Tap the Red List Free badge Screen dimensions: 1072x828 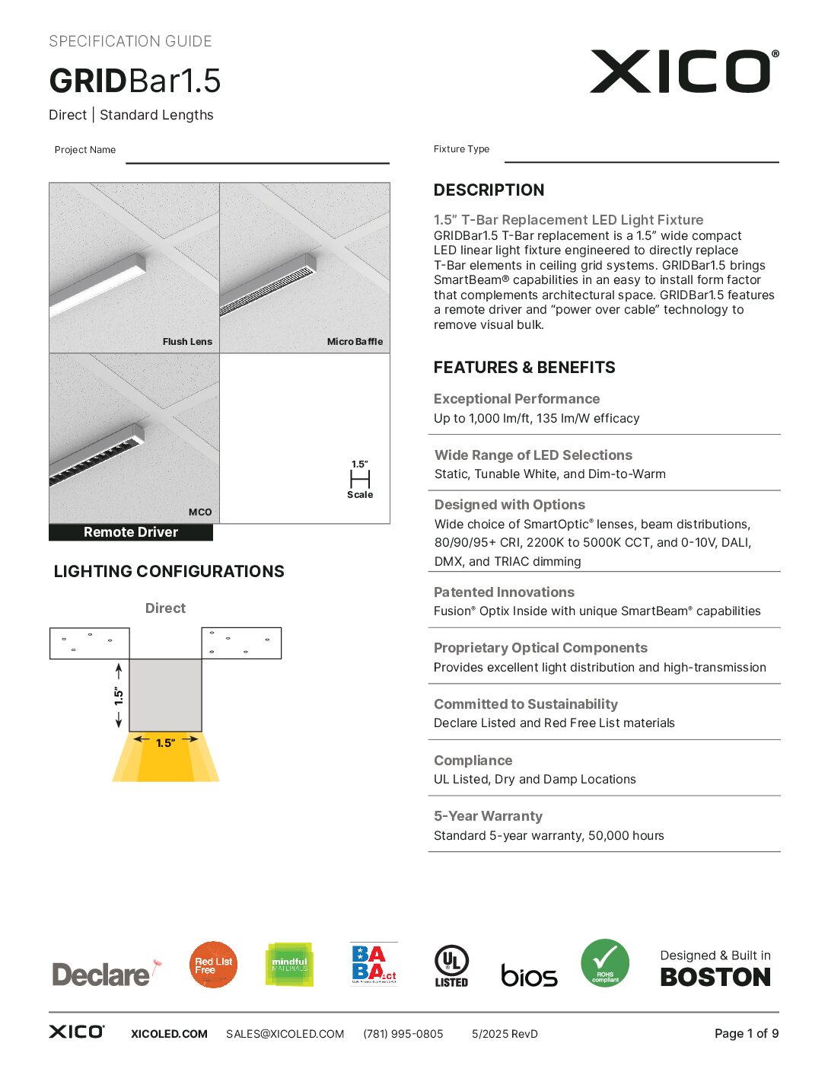[x=213, y=965]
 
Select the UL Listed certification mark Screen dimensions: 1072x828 [x=451, y=965]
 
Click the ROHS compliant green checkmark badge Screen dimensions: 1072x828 [x=605, y=963]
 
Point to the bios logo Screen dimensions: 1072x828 [x=529, y=975]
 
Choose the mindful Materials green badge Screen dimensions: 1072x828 [x=289, y=965]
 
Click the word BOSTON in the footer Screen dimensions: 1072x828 [x=715, y=978]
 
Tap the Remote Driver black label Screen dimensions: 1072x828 [x=131, y=532]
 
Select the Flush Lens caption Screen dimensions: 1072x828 [x=187, y=342]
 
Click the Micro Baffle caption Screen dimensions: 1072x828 [x=355, y=342]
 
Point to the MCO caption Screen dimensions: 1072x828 [x=200, y=512]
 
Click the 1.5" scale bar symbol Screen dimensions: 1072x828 [x=360, y=479]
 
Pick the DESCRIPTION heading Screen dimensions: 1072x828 [x=489, y=190]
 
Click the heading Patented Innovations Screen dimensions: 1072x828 [x=504, y=592]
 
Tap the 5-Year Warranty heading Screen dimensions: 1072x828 [x=488, y=816]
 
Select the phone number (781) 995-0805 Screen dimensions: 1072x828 [x=403, y=1034]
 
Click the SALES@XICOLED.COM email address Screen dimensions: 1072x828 [x=285, y=1034]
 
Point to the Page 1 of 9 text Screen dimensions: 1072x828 [x=746, y=1033]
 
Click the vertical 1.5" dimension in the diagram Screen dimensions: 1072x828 [x=119, y=696]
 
